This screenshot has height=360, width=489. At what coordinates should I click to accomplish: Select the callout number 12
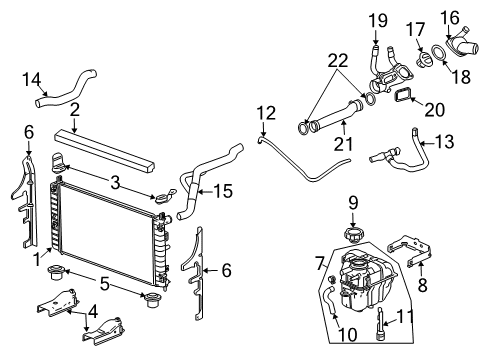[x=263, y=112]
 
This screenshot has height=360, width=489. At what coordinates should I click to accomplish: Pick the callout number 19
[x=377, y=19]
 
